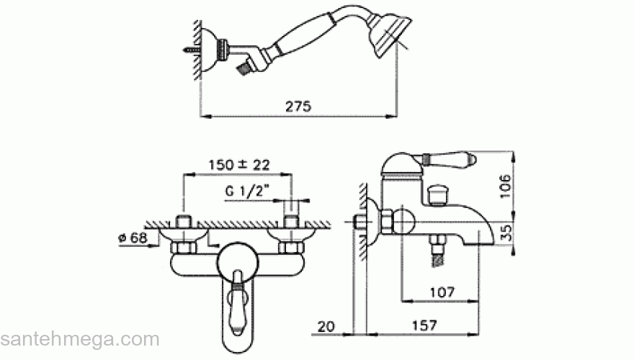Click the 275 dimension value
point(298,107)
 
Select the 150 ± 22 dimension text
point(239,165)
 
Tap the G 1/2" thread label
point(247,190)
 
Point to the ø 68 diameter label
point(133,238)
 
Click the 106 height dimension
point(506,186)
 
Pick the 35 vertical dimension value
point(506,233)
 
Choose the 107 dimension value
point(442,292)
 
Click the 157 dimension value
point(424,325)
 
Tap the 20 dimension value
point(326,326)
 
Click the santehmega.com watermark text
point(80,339)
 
